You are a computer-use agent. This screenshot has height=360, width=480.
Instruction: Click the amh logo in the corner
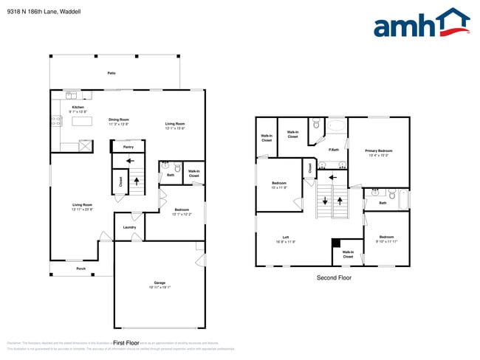click(421, 24)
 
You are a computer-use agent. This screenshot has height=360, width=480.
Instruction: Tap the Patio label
click(112, 74)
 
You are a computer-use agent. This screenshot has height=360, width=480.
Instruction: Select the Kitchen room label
click(78, 108)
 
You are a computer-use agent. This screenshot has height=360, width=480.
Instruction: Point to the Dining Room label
click(119, 120)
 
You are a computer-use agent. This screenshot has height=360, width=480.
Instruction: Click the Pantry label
click(128, 147)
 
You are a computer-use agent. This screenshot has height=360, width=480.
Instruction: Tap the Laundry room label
click(128, 227)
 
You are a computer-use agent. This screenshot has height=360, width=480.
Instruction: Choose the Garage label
click(159, 283)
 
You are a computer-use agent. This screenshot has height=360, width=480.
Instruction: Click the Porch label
click(81, 269)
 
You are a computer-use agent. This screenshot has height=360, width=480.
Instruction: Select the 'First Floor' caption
click(126, 343)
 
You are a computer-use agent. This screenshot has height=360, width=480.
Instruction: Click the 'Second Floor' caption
click(335, 278)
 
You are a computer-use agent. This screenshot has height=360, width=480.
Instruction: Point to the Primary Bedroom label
click(379, 150)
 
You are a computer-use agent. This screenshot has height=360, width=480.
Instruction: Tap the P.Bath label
click(334, 150)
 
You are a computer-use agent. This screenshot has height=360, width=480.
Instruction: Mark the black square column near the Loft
click(336, 243)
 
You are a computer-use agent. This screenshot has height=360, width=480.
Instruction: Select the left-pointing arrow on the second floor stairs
click(332, 177)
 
